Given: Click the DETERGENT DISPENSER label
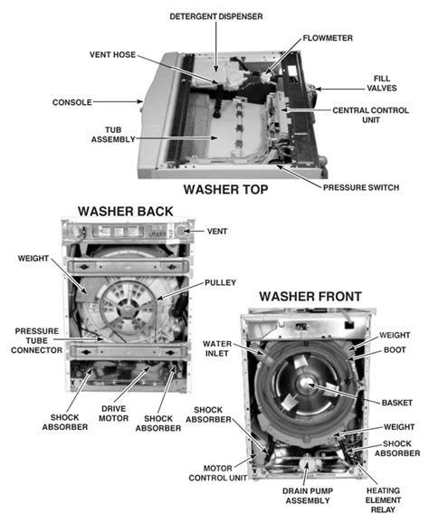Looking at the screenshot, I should (217, 15).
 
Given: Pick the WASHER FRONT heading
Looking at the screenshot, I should (310, 296).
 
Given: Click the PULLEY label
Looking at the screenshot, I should (221, 282).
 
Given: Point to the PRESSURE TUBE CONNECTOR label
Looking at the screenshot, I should (35, 342).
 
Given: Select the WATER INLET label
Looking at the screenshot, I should (219, 348).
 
